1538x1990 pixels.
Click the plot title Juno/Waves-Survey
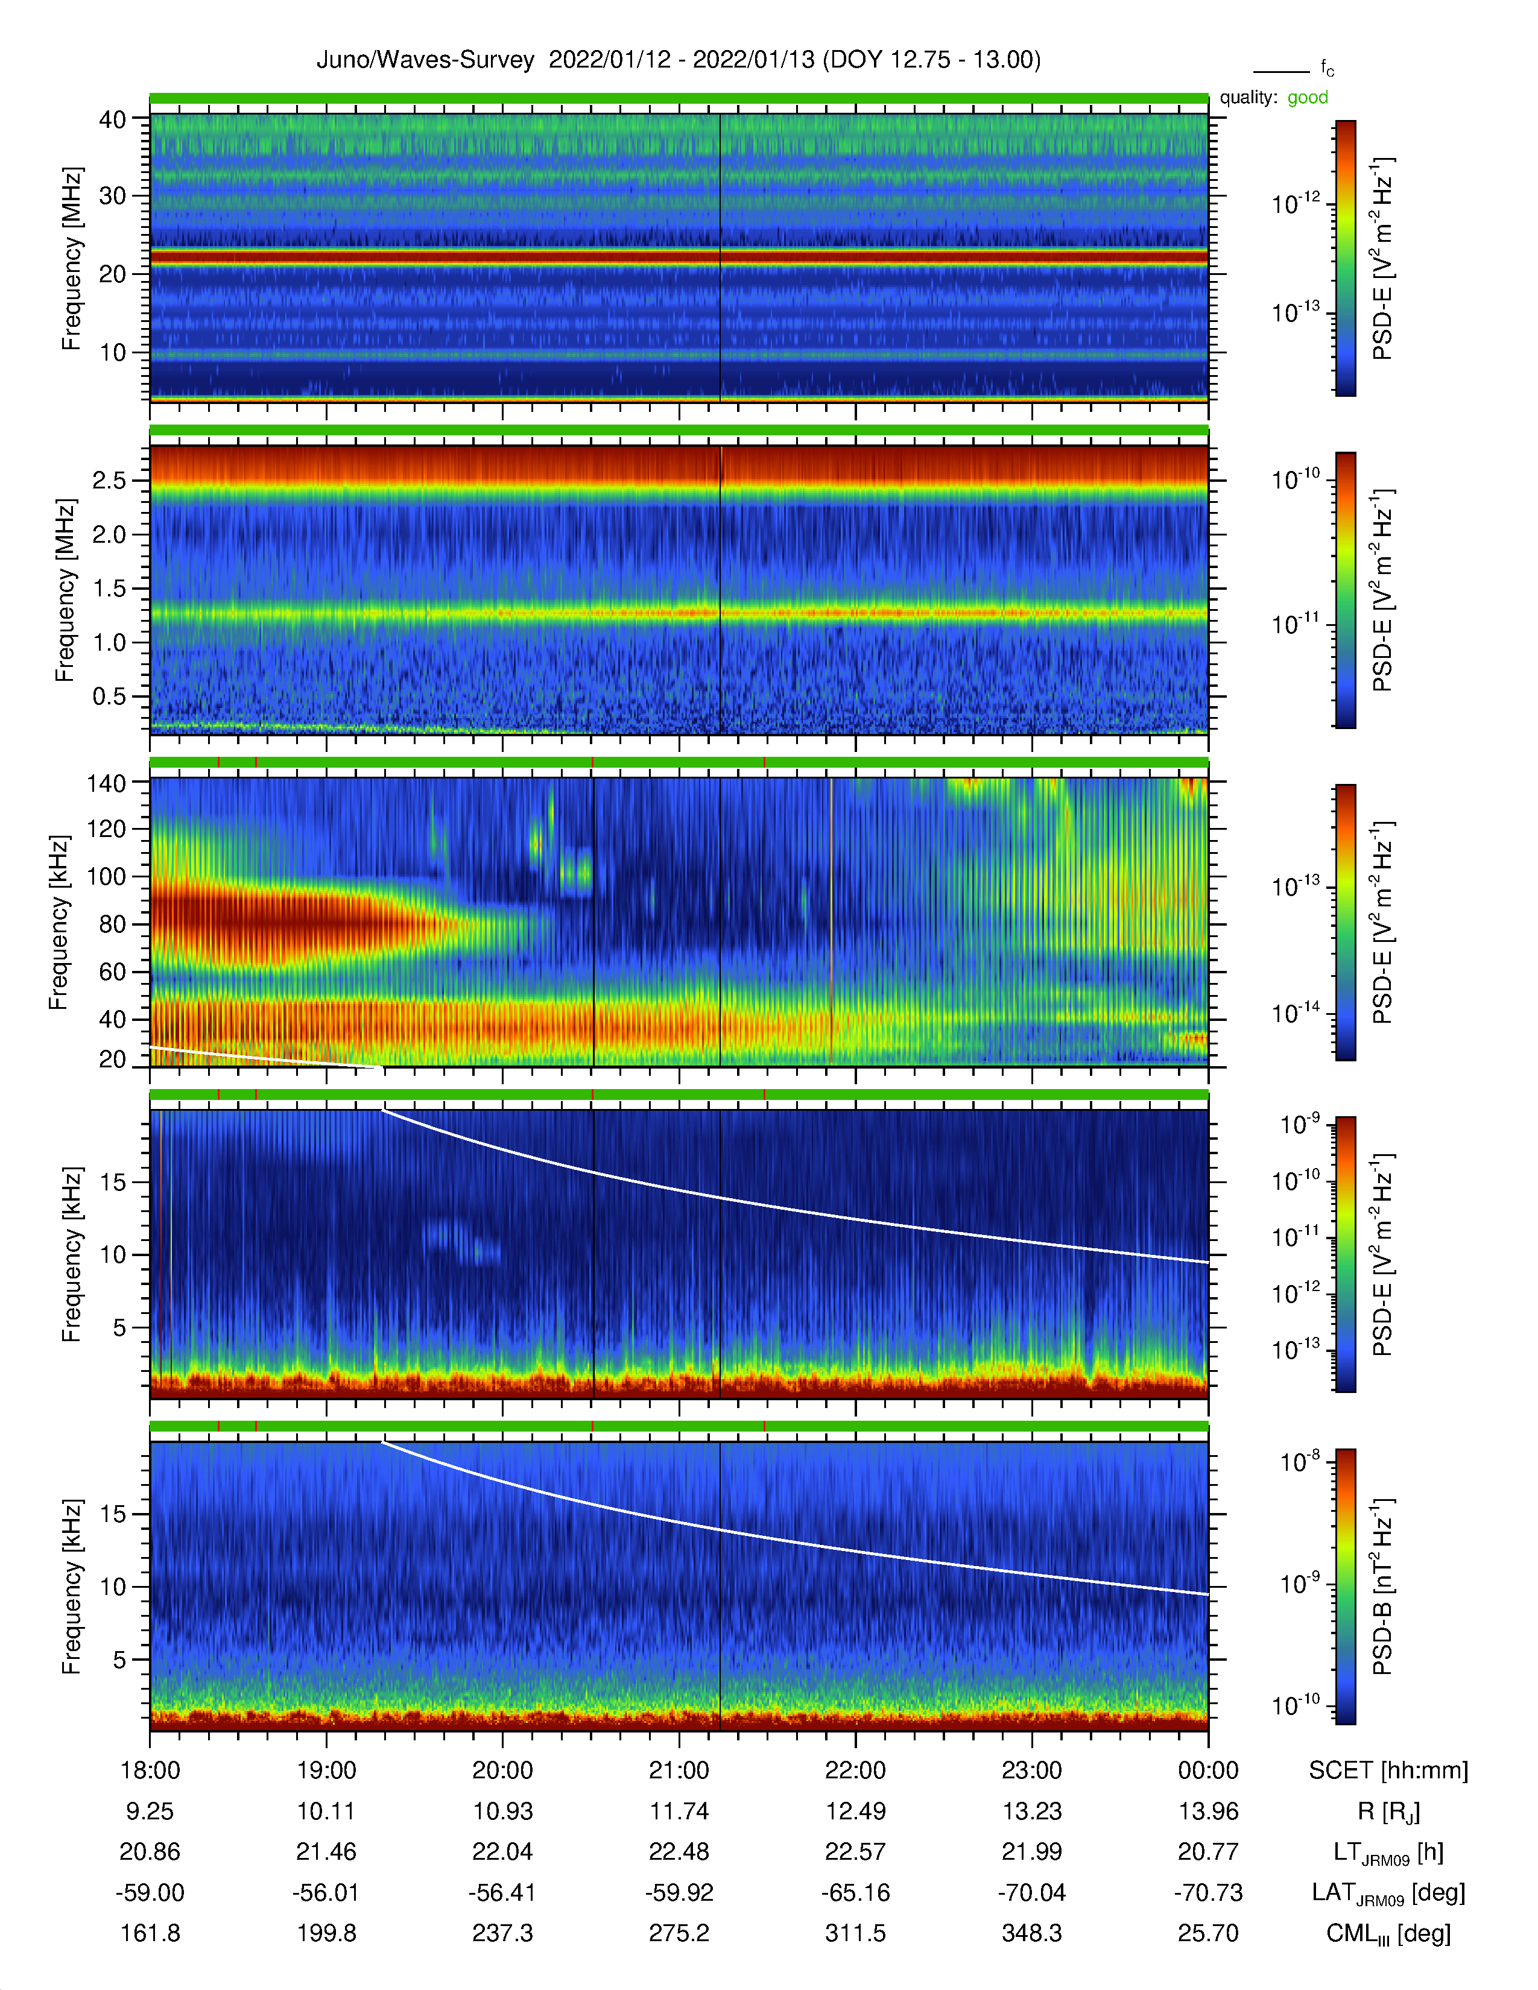(x=425, y=60)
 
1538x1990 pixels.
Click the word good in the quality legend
(x=1308, y=98)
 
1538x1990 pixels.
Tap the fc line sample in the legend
(x=1281, y=71)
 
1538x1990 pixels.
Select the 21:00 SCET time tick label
(x=679, y=1770)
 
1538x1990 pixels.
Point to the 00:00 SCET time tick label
(x=1208, y=1770)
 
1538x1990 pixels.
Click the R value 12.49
(x=856, y=1812)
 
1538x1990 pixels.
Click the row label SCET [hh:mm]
(x=1388, y=1770)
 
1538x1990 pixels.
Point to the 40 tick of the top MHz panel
(x=112, y=119)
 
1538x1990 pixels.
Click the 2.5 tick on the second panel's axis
(x=109, y=480)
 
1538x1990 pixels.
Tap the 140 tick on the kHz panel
(x=106, y=783)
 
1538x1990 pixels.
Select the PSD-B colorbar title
(x=1383, y=1587)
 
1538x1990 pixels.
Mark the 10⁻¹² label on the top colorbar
(x=1296, y=203)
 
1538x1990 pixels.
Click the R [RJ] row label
(x=1388, y=1812)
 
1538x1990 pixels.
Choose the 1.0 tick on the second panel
(x=109, y=642)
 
